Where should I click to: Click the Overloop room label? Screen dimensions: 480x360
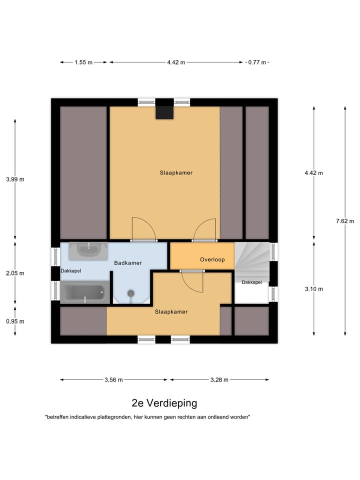212,259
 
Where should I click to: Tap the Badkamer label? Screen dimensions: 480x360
128,262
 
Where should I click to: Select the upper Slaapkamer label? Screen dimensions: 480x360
176,172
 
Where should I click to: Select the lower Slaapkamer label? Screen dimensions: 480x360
171,311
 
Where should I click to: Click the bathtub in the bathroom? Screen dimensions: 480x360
84,291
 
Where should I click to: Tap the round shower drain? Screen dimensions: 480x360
131,293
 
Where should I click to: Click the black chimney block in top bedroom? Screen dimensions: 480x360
164,110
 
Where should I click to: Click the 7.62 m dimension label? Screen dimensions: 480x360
344,221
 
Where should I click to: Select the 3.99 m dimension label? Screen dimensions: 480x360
15,179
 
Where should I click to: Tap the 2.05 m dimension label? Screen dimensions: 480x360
15,273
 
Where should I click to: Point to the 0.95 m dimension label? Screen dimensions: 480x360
15,321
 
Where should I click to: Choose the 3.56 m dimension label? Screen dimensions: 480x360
114,379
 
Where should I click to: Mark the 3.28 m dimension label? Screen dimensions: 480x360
218,379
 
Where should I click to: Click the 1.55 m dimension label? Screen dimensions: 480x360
83,62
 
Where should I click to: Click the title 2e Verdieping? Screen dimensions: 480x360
164,403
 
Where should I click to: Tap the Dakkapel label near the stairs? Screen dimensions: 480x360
251,282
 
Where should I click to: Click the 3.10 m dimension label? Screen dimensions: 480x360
313,288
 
